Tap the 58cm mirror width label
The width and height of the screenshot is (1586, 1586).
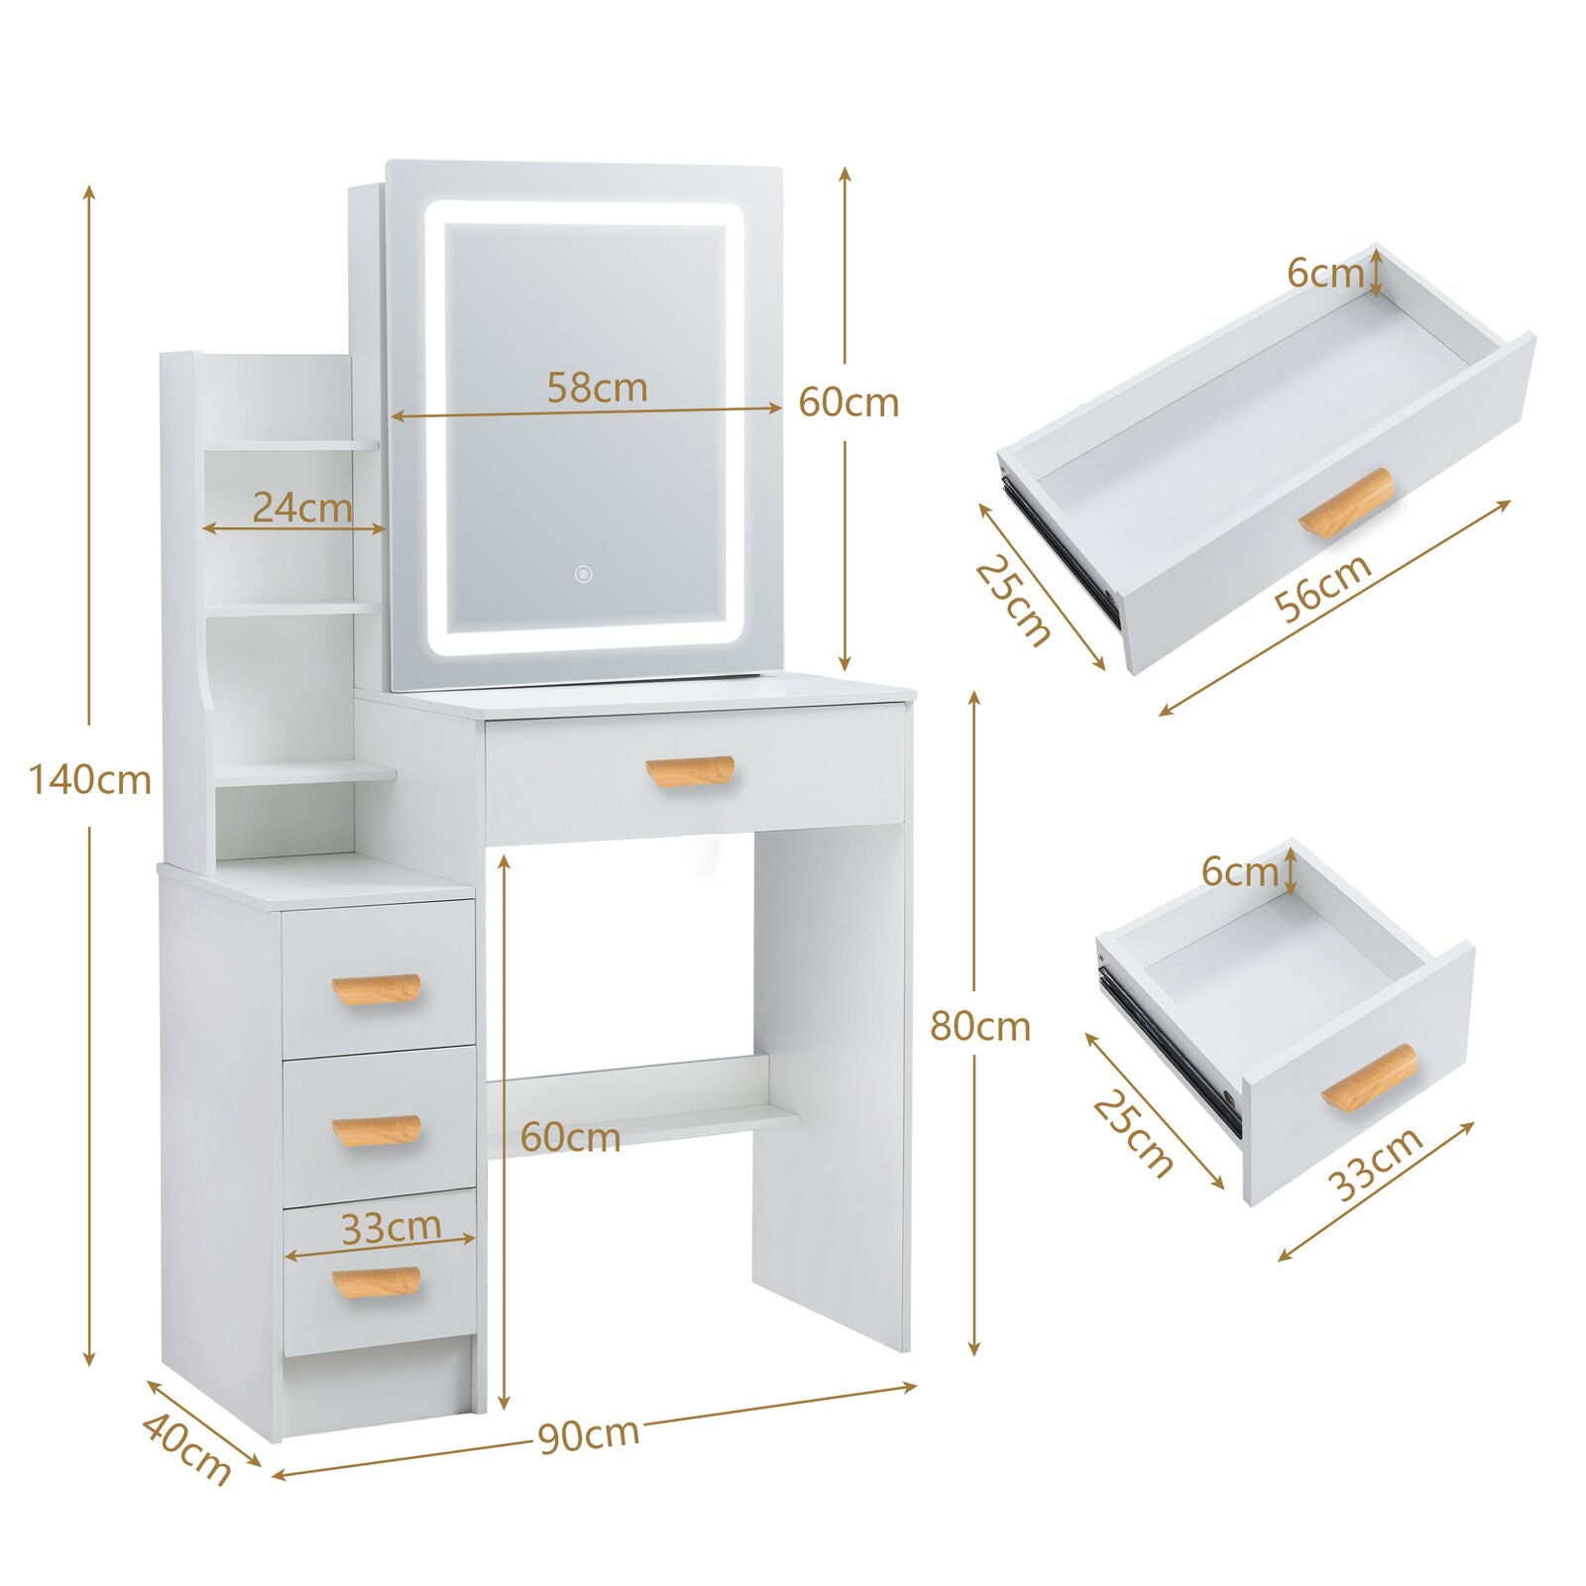(x=598, y=388)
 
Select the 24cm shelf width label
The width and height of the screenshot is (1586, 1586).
(x=302, y=508)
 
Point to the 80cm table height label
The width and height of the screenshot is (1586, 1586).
(x=980, y=1026)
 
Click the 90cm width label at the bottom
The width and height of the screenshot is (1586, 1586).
(x=590, y=1434)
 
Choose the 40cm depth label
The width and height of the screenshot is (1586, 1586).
(x=186, y=1449)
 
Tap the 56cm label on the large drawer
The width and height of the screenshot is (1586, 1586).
(x=1324, y=587)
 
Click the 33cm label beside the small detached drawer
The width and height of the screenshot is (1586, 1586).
(x=1375, y=1164)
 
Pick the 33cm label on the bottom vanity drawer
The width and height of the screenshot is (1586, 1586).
(x=392, y=1227)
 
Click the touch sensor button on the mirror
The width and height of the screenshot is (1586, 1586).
(x=584, y=573)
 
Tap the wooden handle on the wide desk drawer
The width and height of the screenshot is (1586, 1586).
(x=690, y=772)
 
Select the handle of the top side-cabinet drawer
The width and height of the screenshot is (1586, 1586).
(x=376, y=989)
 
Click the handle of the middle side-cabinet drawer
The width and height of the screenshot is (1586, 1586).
(x=376, y=1131)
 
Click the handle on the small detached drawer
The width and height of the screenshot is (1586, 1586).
(x=1369, y=1076)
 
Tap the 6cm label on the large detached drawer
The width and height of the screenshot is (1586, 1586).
(x=1326, y=273)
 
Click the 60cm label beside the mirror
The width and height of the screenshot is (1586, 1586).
(x=849, y=402)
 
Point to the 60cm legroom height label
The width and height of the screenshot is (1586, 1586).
(x=571, y=1137)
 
